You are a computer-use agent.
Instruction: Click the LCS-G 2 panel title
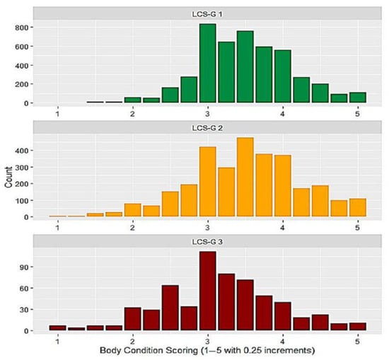[207, 128]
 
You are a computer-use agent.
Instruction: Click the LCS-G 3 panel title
[207, 242]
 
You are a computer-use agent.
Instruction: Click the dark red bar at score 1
[57, 328]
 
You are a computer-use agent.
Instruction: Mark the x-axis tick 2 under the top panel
[132, 113]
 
